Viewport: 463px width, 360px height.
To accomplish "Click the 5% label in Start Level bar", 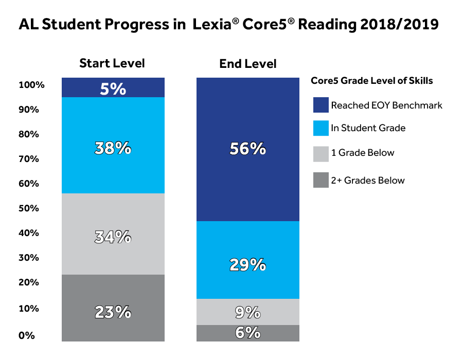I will [113, 89].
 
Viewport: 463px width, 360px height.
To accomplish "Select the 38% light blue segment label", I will [113, 149].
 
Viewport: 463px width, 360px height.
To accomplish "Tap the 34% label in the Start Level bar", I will [113, 237].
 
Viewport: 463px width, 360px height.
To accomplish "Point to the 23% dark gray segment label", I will [113, 312].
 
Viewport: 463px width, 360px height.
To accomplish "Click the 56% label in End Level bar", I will [248, 149].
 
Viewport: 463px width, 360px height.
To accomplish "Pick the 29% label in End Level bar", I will [248, 265].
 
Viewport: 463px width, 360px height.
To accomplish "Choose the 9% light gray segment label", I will [248, 312].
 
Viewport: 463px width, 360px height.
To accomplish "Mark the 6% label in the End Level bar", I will [248, 333].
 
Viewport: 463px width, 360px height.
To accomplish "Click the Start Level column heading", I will [112, 63].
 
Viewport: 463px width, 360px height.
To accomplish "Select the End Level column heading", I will [247, 64].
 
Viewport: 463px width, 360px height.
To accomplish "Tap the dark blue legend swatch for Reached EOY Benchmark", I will [320, 105].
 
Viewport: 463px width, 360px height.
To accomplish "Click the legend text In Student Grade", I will [368, 128].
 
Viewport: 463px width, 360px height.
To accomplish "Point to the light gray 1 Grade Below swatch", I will [320, 153].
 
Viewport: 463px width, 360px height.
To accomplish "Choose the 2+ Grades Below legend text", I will [368, 181].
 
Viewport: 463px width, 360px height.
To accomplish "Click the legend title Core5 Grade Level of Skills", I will [371, 81].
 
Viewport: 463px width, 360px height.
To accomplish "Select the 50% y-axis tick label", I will [29, 208].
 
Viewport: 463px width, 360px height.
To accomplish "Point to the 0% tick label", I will [27, 336].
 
